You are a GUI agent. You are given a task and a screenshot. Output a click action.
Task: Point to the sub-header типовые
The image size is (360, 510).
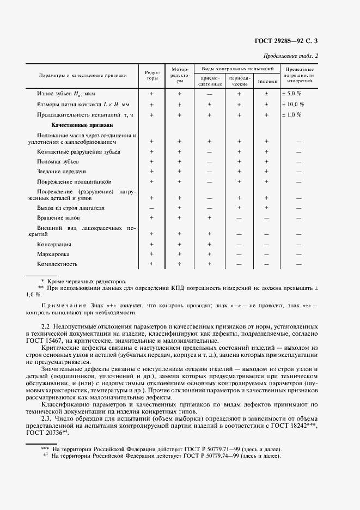(x=266, y=81)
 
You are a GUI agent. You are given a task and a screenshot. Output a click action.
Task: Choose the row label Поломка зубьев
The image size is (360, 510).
(x=58, y=162)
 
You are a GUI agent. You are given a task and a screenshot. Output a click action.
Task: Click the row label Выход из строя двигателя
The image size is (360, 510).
(x=70, y=208)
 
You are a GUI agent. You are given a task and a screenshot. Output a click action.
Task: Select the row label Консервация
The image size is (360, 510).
(x=54, y=245)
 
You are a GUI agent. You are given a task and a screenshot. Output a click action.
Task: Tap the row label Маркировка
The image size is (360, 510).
(x=53, y=254)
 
